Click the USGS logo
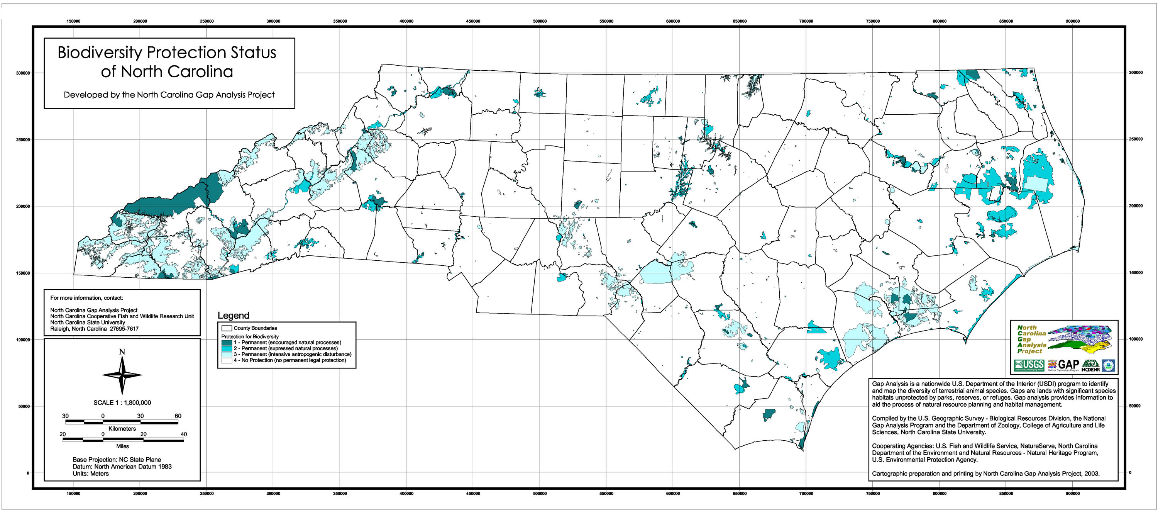[1029, 365]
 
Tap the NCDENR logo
[1090, 366]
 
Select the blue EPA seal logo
[1108, 366]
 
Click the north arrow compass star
[122, 375]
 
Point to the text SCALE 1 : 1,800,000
[122, 402]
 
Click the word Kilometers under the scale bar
[122, 429]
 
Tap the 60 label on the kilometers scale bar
[178, 416]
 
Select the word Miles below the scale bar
[122, 446]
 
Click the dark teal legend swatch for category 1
[227, 342]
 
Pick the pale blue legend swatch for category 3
[227, 355]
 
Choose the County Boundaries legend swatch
[227, 328]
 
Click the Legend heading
[233, 315]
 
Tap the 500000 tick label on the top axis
[540, 21]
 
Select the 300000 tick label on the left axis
[23, 73]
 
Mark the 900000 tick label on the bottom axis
[1073, 494]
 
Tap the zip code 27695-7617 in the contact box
[123, 329]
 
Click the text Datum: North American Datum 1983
[122, 467]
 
